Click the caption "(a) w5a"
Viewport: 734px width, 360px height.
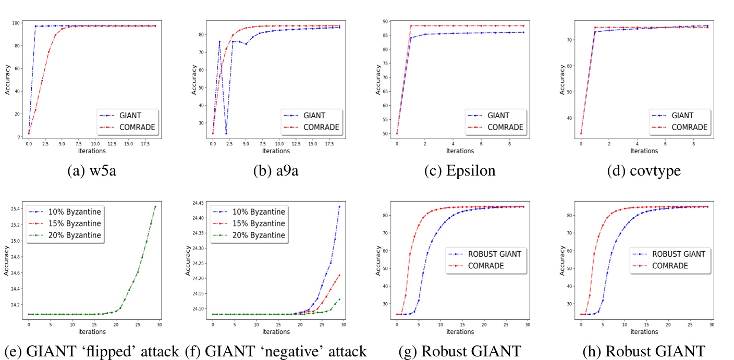[x=92, y=170]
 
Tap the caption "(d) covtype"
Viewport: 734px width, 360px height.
[x=644, y=170]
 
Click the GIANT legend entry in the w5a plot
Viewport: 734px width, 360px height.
[x=130, y=116]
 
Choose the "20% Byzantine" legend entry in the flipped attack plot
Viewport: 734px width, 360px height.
[x=75, y=235]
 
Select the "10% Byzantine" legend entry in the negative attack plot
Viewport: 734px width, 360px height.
[x=259, y=212]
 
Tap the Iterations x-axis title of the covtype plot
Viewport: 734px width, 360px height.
[x=644, y=151]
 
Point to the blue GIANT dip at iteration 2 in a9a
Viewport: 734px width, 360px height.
[x=226, y=133]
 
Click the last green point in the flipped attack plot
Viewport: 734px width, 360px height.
[x=155, y=206]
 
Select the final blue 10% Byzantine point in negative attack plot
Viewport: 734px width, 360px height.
[x=339, y=206]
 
